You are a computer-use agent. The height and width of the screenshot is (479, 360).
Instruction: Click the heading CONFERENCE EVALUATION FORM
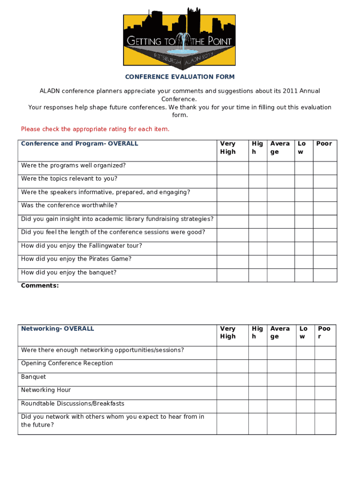[x=180, y=77]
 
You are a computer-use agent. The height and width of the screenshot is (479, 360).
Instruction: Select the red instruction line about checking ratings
[x=95, y=129]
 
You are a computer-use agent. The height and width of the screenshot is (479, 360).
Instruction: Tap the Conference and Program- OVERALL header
[x=79, y=144]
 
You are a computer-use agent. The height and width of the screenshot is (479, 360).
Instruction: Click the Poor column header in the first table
[x=324, y=144]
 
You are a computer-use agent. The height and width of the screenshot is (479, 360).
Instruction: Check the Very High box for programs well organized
[x=232, y=168]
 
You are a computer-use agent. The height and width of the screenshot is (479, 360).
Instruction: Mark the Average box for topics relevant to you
[x=281, y=181]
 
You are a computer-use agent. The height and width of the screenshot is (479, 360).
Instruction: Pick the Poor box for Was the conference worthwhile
[x=324, y=208]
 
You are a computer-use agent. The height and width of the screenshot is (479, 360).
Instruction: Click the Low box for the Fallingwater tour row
[x=304, y=248]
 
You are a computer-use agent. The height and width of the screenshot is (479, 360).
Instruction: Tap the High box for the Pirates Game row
[x=258, y=262]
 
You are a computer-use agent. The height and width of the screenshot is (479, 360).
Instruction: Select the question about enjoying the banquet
[x=69, y=273]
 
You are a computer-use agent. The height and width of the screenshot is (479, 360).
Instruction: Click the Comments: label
[x=40, y=285]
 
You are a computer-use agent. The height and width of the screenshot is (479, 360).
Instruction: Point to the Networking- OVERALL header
[x=58, y=329]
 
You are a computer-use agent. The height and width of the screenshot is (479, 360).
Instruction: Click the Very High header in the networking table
[x=228, y=333]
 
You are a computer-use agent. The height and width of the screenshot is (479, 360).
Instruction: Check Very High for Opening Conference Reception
[x=232, y=366]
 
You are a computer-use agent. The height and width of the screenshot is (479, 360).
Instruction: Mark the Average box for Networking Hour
[x=281, y=393]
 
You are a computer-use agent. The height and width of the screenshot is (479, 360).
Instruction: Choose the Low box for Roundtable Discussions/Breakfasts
[x=304, y=406]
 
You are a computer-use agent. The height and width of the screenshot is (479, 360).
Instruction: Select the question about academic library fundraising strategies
[x=117, y=219]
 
